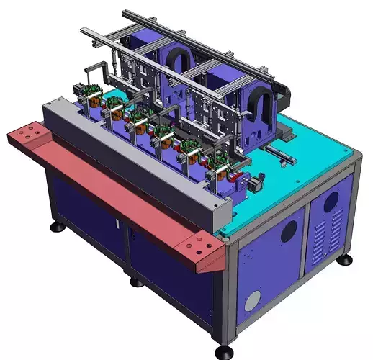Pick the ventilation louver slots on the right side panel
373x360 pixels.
(x=325, y=236)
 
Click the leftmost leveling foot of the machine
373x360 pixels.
(x=56, y=228)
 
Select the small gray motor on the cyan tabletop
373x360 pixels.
(x=256, y=186)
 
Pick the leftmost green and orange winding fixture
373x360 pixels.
(x=90, y=93)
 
